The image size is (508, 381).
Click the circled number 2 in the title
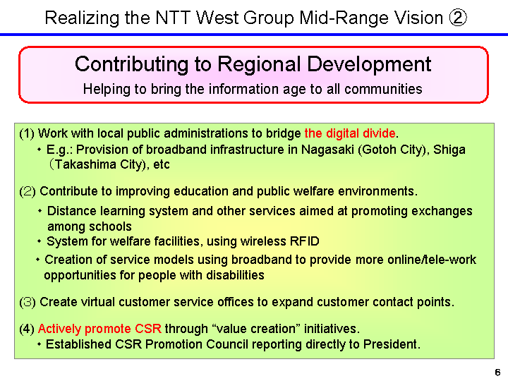pyautogui.click(x=456, y=17)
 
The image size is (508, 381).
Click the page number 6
pyautogui.click(x=497, y=372)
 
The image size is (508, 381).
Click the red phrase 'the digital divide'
pyautogui.click(x=351, y=133)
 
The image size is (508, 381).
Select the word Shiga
pyautogui.click(x=449, y=150)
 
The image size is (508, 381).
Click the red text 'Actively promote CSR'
pyautogui.click(x=99, y=329)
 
